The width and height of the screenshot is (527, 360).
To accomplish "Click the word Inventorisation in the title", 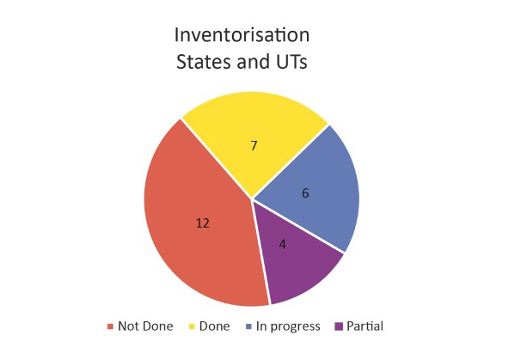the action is pyautogui.click(x=242, y=34).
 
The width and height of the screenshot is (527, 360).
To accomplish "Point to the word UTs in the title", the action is pyautogui.click(x=291, y=62).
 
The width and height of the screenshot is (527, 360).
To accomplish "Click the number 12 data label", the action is pyautogui.click(x=203, y=223).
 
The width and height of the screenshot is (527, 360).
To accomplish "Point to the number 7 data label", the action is pyautogui.click(x=254, y=145).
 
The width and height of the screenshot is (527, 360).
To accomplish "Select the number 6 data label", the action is pyautogui.click(x=305, y=193).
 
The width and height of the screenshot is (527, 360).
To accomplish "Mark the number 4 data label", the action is pyautogui.click(x=283, y=244).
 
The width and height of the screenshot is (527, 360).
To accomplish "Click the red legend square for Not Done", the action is pyautogui.click(x=110, y=326).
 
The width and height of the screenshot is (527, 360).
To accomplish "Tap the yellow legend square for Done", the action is pyautogui.click(x=192, y=326).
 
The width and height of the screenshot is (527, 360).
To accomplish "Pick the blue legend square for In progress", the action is pyautogui.click(x=248, y=326).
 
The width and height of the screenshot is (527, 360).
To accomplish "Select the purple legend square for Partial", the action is pyautogui.click(x=339, y=326).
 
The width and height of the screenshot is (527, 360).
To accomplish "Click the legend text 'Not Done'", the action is pyautogui.click(x=145, y=326).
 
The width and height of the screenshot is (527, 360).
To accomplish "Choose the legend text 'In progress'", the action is pyautogui.click(x=288, y=326).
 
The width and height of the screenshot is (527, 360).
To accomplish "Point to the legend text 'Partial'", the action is pyautogui.click(x=365, y=326).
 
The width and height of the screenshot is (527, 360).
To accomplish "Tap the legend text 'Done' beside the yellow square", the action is pyautogui.click(x=214, y=326).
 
